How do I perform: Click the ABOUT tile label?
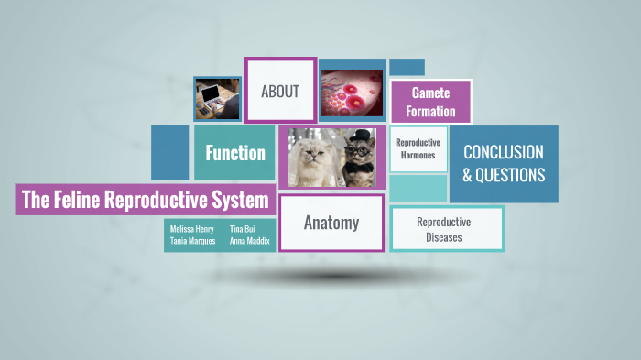point(280,91)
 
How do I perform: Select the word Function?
point(235,153)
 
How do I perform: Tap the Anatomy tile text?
point(331,223)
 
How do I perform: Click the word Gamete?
point(430,93)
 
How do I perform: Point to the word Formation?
point(432,112)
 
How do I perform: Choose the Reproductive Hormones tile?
point(418,148)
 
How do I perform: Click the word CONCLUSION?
point(503,152)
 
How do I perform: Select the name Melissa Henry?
point(193,228)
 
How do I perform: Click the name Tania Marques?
point(193,241)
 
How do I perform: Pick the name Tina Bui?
point(243,228)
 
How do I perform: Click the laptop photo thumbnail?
point(217,97)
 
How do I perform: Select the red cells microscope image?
point(351,93)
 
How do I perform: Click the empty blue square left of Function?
point(169,152)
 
